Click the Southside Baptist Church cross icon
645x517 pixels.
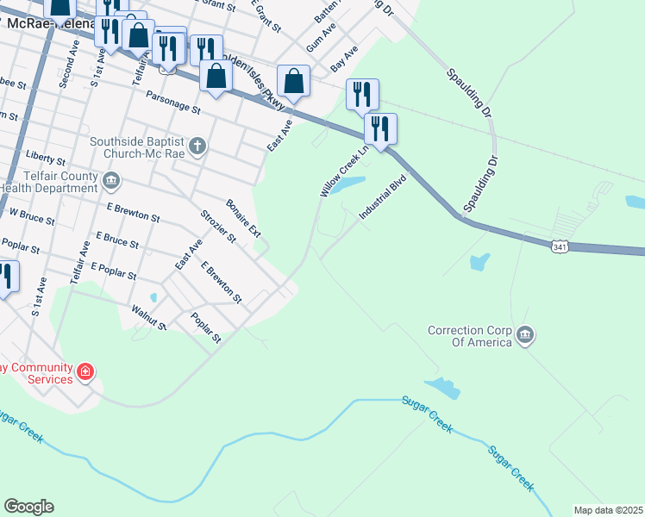[x=197, y=146]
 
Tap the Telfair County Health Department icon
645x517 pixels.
[x=111, y=180]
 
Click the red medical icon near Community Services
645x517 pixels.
[x=85, y=372]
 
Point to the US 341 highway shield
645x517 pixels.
[x=560, y=247]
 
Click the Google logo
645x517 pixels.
[x=28, y=507]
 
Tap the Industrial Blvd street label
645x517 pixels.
[x=382, y=198]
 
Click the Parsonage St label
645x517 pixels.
[x=172, y=103]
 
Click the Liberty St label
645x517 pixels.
[x=46, y=155]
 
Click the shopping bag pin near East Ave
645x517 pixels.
[x=294, y=82]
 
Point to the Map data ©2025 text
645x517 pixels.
[x=608, y=510]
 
